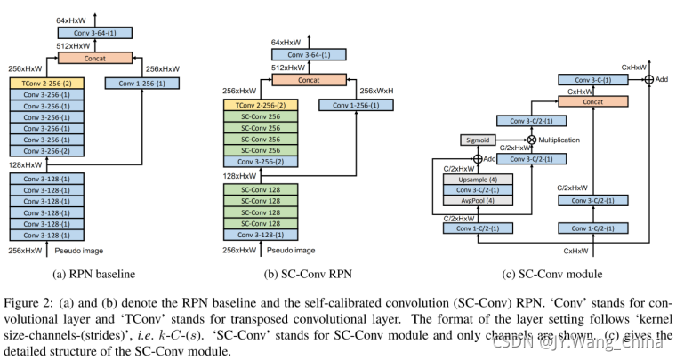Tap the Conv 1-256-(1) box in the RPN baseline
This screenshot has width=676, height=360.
point(141,83)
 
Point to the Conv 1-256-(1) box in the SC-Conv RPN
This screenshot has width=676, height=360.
point(354,106)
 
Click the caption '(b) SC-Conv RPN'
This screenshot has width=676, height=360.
point(310,273)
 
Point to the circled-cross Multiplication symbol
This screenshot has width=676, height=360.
point(532,140)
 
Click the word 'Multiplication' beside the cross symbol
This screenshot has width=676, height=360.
point(565,140)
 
